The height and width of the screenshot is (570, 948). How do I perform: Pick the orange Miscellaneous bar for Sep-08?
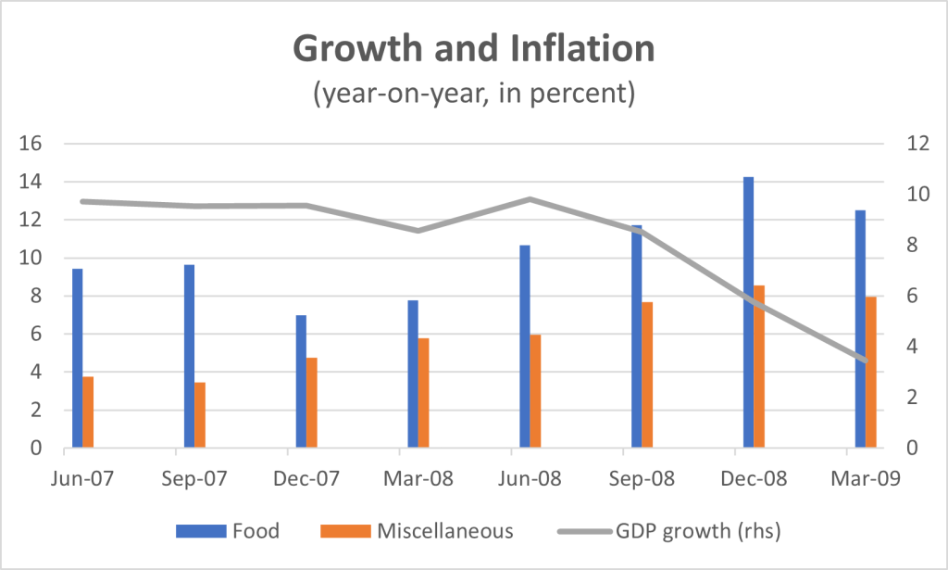648,375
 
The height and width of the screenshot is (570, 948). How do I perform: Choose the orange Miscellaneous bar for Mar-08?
424,393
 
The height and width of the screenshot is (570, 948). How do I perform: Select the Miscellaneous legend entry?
417,531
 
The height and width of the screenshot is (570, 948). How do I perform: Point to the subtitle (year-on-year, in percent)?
473,95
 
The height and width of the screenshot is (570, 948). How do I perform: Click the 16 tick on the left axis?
31,145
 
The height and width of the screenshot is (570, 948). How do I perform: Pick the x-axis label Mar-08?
400,479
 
